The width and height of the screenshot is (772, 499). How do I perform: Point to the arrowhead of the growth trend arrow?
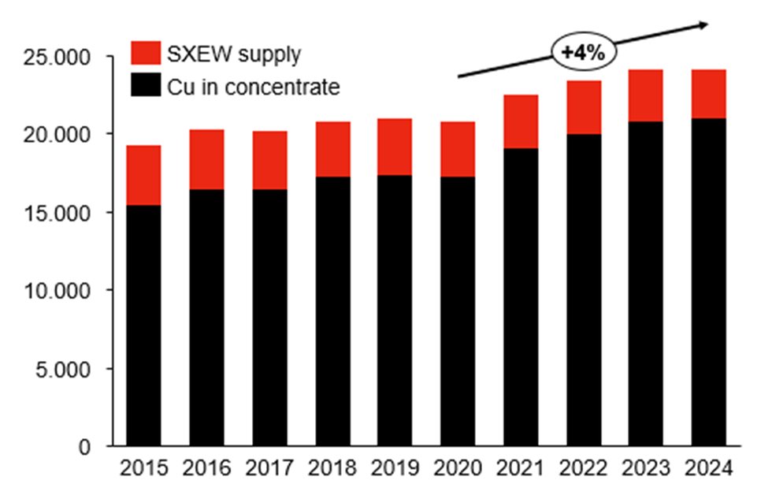tap(703, 25)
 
